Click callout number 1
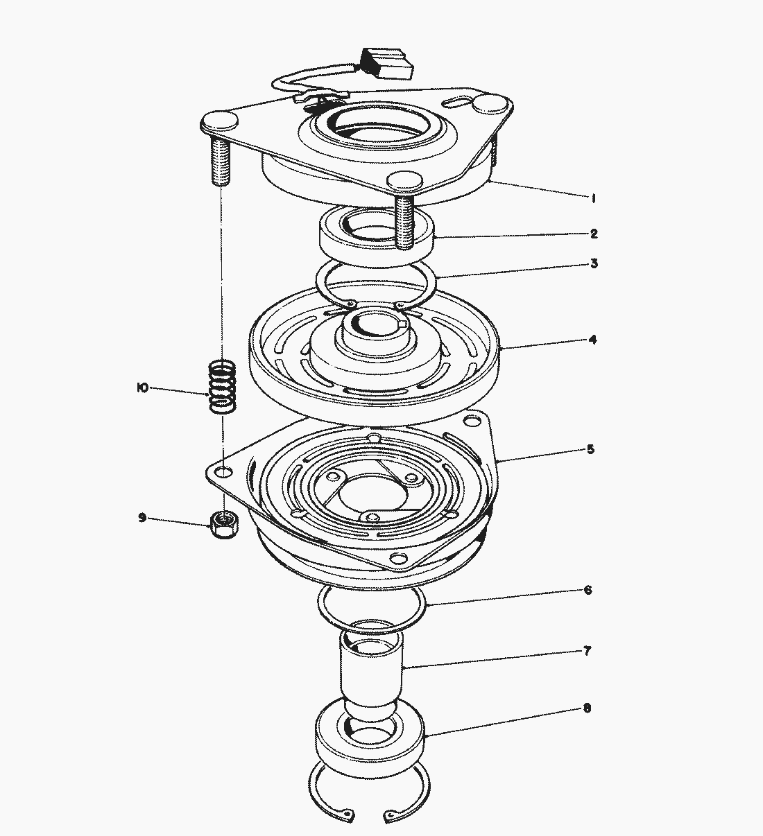point(593,198)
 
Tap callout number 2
point(594,234)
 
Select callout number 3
point(594,263)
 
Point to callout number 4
point(593,340)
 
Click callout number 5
point(590,449)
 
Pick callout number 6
point(588,590)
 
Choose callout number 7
point(587,650)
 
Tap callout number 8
point(587,708)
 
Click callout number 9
point(142,518)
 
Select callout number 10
point(143,388)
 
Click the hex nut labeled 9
point(224,525)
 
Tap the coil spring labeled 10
point(223,387)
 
